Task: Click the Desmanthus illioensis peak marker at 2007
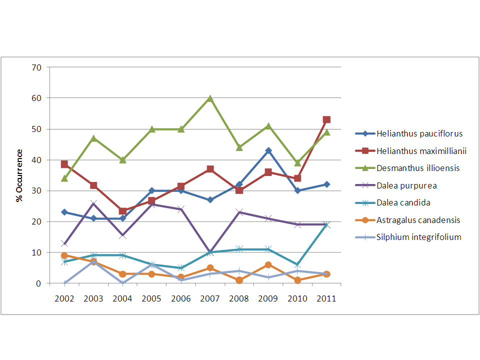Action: coord(210,98)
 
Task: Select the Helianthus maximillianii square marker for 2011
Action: coord(326,119)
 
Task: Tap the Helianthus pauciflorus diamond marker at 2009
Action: coord(268,150)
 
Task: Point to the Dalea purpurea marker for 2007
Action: coord(210,252)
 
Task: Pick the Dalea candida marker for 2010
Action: coord(297,265)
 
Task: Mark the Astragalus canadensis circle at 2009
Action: coord(268,265)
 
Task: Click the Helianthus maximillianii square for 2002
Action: coord(64,164)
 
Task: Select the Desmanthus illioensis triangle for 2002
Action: coord(64,178)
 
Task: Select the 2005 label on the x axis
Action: coord(151,298)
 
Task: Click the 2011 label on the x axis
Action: coord(326,298)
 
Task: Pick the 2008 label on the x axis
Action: coord(239,298)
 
